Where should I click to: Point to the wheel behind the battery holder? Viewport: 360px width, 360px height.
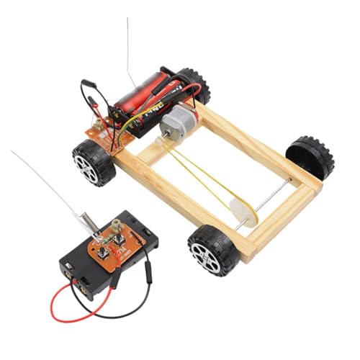193,84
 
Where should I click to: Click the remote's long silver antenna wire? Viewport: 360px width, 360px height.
43,180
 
